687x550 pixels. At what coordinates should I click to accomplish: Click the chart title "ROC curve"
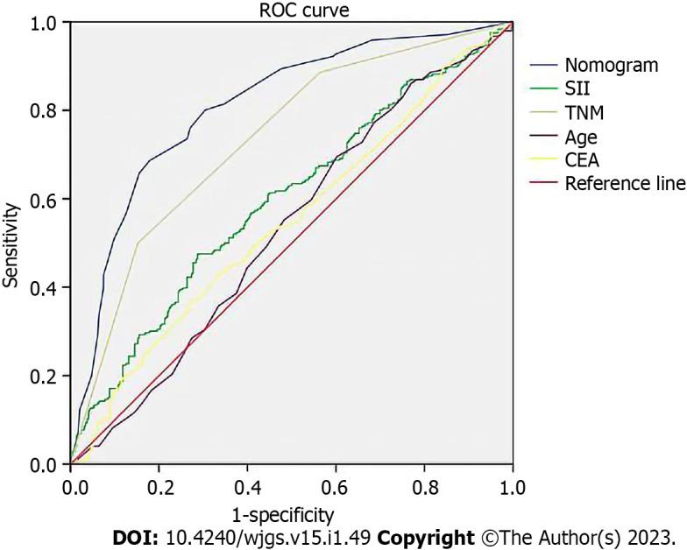pos(291,9)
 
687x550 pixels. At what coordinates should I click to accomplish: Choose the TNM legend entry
pos(584,112)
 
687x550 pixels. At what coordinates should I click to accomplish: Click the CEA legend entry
pos(582,160)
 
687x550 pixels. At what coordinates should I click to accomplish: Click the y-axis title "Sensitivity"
pos(11,245)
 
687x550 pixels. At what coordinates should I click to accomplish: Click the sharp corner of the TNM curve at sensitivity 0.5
pos(138,243)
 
